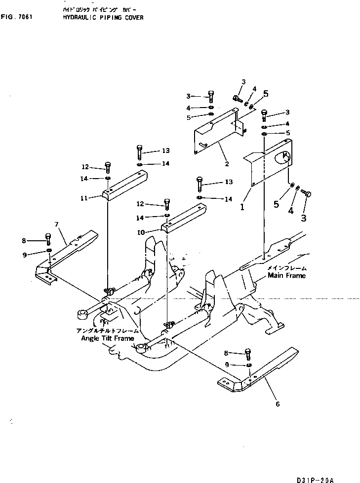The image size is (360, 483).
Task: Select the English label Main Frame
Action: [x=286, y=275]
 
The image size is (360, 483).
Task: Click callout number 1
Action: [x=242, y=208]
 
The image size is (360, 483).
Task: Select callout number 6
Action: [x=278, y=404]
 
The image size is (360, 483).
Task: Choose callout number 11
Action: [x=84, y=198]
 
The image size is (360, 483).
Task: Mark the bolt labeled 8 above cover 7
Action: [x=48, y=239]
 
